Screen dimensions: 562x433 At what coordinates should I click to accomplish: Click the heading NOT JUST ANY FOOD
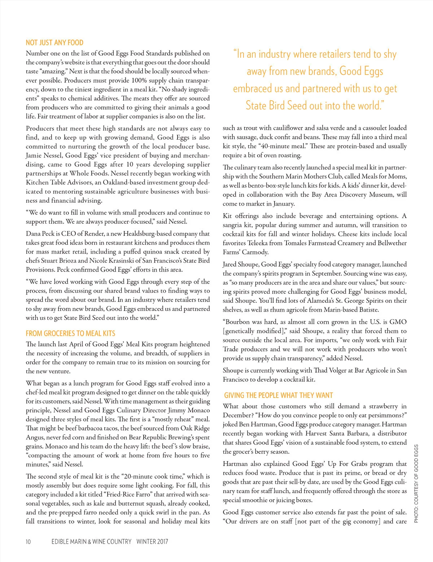click(x=54, y=43)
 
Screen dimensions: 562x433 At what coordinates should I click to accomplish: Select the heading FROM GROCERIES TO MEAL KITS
click(x=70, y=333)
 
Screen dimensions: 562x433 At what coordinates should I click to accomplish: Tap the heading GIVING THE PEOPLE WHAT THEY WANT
click(x=278, y=395)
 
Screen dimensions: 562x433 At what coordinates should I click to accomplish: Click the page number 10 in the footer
click(x=28, y=541)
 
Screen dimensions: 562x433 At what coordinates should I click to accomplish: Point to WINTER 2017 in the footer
click(x=152, y=541)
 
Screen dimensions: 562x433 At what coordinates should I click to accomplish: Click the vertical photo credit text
click(x=416, y=483)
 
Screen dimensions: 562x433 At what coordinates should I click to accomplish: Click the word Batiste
click(x=368, y=310)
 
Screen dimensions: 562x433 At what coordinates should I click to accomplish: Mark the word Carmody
click(x=255, y=252)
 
